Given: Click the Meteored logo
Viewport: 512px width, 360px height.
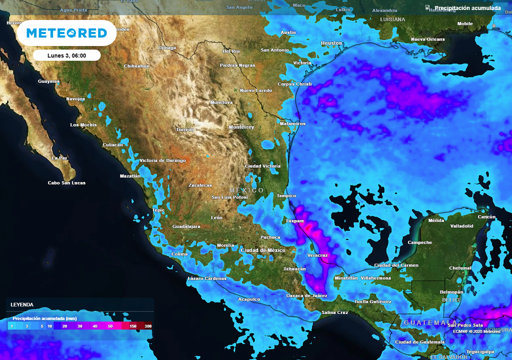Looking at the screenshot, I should (x=66, y=33).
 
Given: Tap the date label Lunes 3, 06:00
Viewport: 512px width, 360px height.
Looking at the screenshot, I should (x=66, y=55).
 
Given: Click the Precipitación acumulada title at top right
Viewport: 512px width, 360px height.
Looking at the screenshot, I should (x=467, y=8).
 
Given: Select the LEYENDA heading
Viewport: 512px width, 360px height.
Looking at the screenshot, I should (x=22, y=304).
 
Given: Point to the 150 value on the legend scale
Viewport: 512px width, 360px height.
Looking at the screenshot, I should (x=133, y=326).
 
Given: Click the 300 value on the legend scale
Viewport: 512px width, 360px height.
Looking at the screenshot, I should (x=147, y=326).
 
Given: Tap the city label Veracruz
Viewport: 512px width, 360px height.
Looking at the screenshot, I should (x=317, y=255).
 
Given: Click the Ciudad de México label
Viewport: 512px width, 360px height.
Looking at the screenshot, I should (x=262, y=250).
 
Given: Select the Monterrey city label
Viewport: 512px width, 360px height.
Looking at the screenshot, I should (x=241, y=127).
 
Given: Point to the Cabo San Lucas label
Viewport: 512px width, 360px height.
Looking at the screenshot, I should (x=66, y=183).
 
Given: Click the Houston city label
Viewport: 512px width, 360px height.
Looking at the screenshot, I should (x=331, y=43).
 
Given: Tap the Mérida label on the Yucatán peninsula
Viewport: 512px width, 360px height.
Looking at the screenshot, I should (x=436, y=220).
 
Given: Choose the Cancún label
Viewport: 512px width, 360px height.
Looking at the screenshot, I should (x=486, y=217).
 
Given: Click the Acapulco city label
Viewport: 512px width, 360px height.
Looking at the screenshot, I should (x=249, y=299).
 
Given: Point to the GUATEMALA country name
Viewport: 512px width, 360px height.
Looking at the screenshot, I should (x=429, y=322).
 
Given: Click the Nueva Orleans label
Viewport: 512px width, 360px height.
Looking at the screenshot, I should (x=427, y=39).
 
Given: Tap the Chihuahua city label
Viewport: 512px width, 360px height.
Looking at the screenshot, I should (x=136, y=66).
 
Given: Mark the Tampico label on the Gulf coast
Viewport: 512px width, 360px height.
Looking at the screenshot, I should (x=286, y=196).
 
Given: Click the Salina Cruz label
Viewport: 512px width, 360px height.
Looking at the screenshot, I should (x=334, y=312).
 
